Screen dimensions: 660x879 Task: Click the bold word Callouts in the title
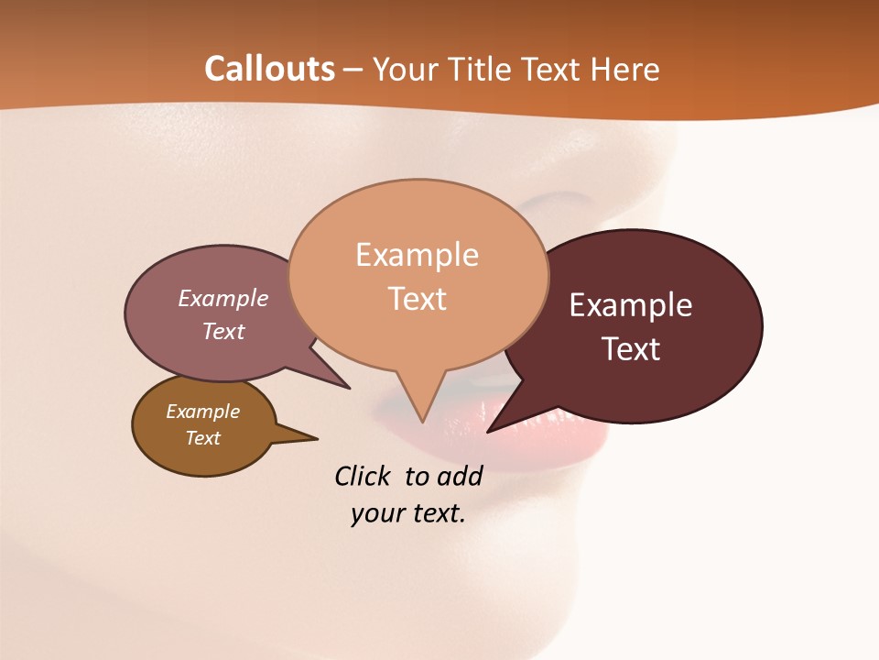coord(269,69)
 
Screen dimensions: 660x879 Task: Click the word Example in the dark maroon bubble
coord(631,305)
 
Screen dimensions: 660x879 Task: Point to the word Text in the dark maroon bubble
coord(631,349)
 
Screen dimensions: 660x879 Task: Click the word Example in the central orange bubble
coord(417,255)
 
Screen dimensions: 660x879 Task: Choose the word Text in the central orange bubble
coord(417,299)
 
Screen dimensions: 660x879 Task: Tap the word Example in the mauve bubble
coord(223,299)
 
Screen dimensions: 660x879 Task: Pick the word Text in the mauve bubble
coord(223,331)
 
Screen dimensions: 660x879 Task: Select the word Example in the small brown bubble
coord(202,412)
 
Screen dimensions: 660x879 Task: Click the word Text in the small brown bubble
coord(202,438)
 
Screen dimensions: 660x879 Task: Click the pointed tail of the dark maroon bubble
coord(494,427)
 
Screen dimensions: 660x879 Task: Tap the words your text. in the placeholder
coord(407,513)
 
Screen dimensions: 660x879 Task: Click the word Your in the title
coord(405,69)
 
